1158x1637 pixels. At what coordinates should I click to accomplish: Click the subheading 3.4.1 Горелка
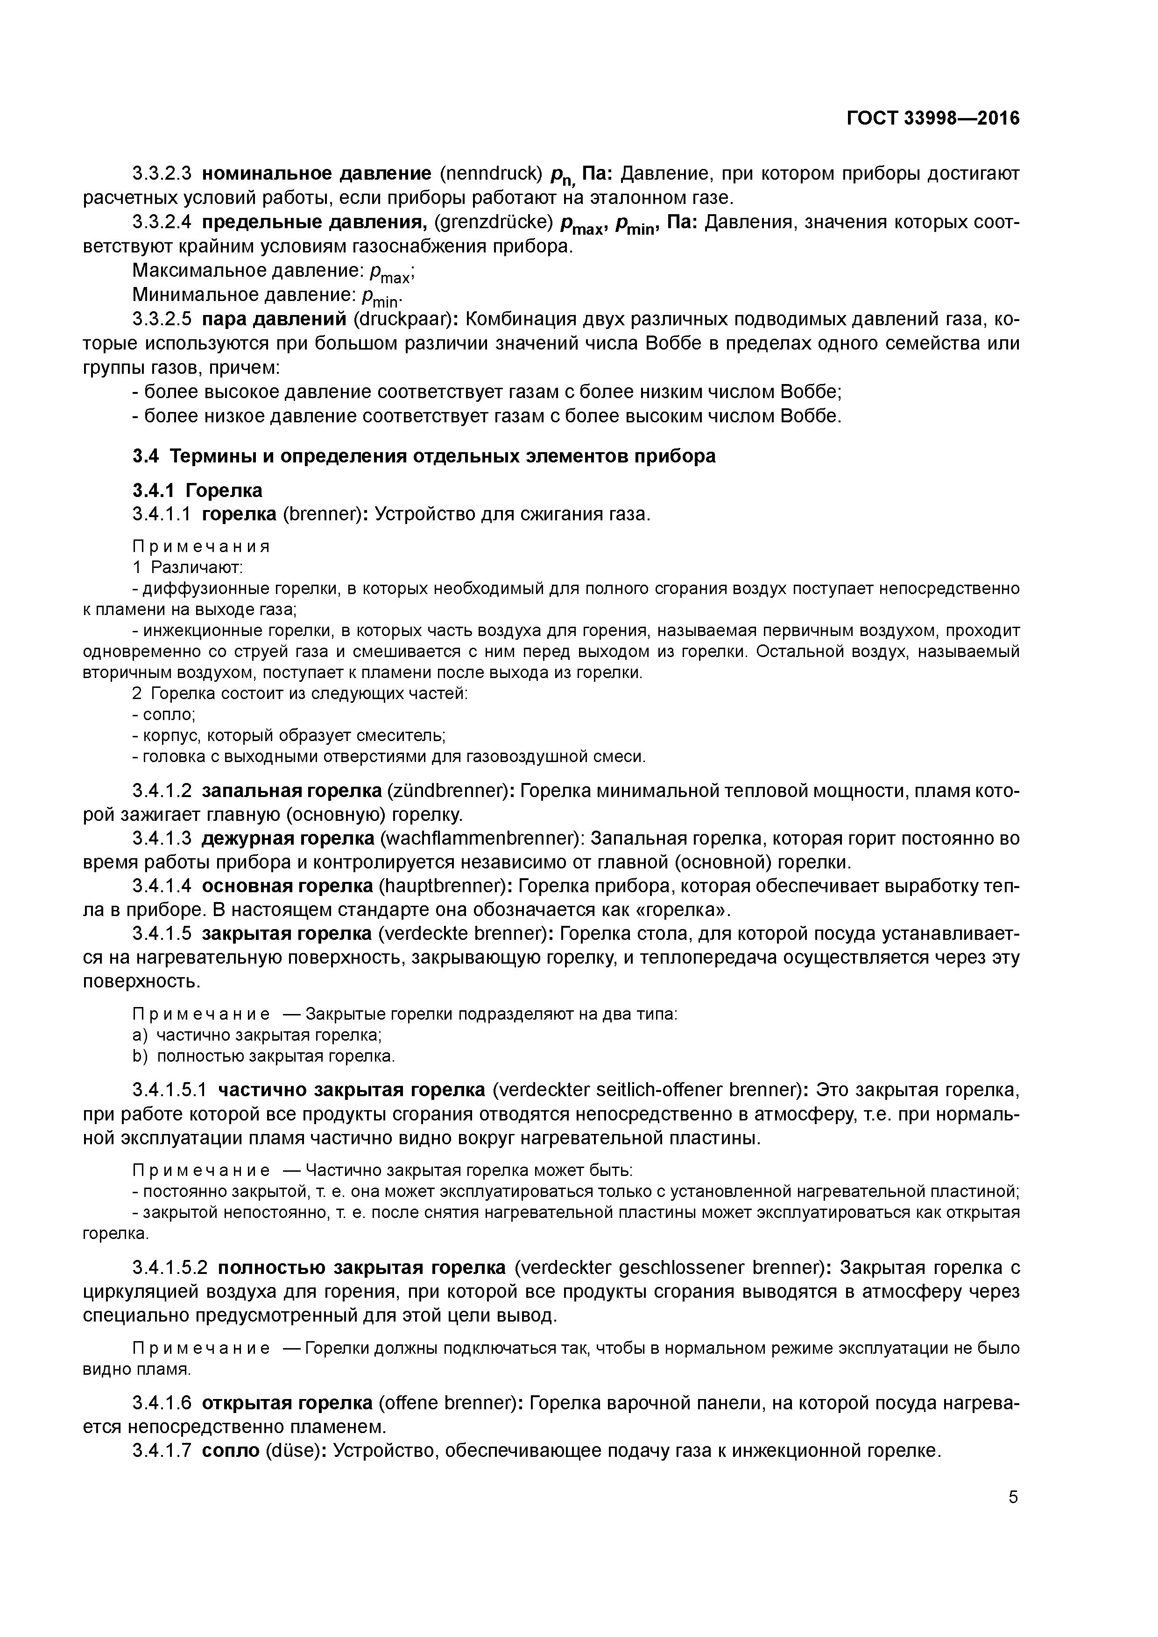pyautogui.click(x=197, y=490)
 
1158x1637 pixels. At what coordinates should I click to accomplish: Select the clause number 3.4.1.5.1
pyautogui.click(x=170, y=1090)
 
